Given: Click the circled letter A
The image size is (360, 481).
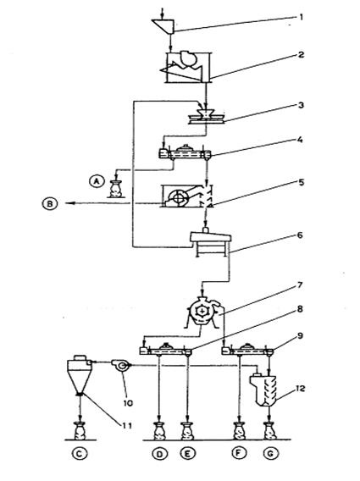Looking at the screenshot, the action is (97, 181).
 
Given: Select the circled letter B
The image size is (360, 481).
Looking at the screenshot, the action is (50, 203).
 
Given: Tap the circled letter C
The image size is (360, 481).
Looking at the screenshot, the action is (80, 453).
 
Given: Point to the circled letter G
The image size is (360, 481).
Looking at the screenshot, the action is (271, 453).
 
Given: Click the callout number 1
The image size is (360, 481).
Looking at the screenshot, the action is (301, 17).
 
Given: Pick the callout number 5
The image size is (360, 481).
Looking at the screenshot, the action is (301, 182).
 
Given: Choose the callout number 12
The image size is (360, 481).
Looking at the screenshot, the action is (301, 389).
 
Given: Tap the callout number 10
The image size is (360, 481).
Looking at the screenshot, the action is (128, 402).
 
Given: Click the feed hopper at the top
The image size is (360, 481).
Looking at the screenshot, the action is (163, 26).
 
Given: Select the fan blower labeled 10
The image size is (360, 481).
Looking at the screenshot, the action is (120, 365).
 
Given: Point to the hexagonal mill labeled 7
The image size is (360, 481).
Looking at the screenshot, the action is (202, 312).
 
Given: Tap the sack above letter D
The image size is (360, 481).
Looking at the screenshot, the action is (159, 431).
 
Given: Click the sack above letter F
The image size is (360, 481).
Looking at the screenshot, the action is (240, 431).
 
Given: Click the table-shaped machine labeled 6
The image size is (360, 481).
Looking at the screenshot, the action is (211, 243).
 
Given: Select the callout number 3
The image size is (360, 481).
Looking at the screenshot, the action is (301, 105).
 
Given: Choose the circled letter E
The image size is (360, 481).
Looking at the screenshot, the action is (188, 453).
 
